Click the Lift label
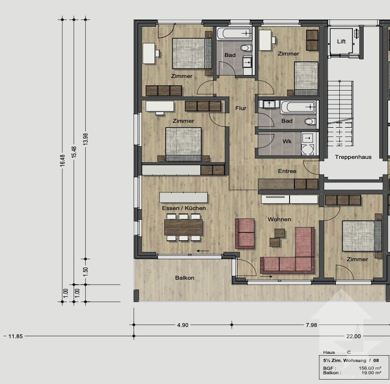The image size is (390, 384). (341, 41)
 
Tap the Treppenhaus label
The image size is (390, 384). (353, 157)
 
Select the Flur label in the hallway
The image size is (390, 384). (240, 108)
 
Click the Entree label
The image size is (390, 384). (287, 171)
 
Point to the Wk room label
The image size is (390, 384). (287, 141)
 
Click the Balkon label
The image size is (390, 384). (185, 278)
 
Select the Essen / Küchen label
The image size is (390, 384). (184, 208)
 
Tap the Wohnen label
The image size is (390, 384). (279, 219)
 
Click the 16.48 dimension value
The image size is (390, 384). (62, 161)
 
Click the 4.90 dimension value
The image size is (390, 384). (182, 325)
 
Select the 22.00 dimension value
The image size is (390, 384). (353, 336)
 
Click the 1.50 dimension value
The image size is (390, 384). (85, 271)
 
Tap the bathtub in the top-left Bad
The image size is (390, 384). (234, 34)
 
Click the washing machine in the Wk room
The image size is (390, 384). (307, 149)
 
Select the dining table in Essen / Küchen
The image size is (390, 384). (183, 227)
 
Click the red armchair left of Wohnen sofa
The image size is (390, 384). (245, 233)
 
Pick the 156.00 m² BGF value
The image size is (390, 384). (370, 368)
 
